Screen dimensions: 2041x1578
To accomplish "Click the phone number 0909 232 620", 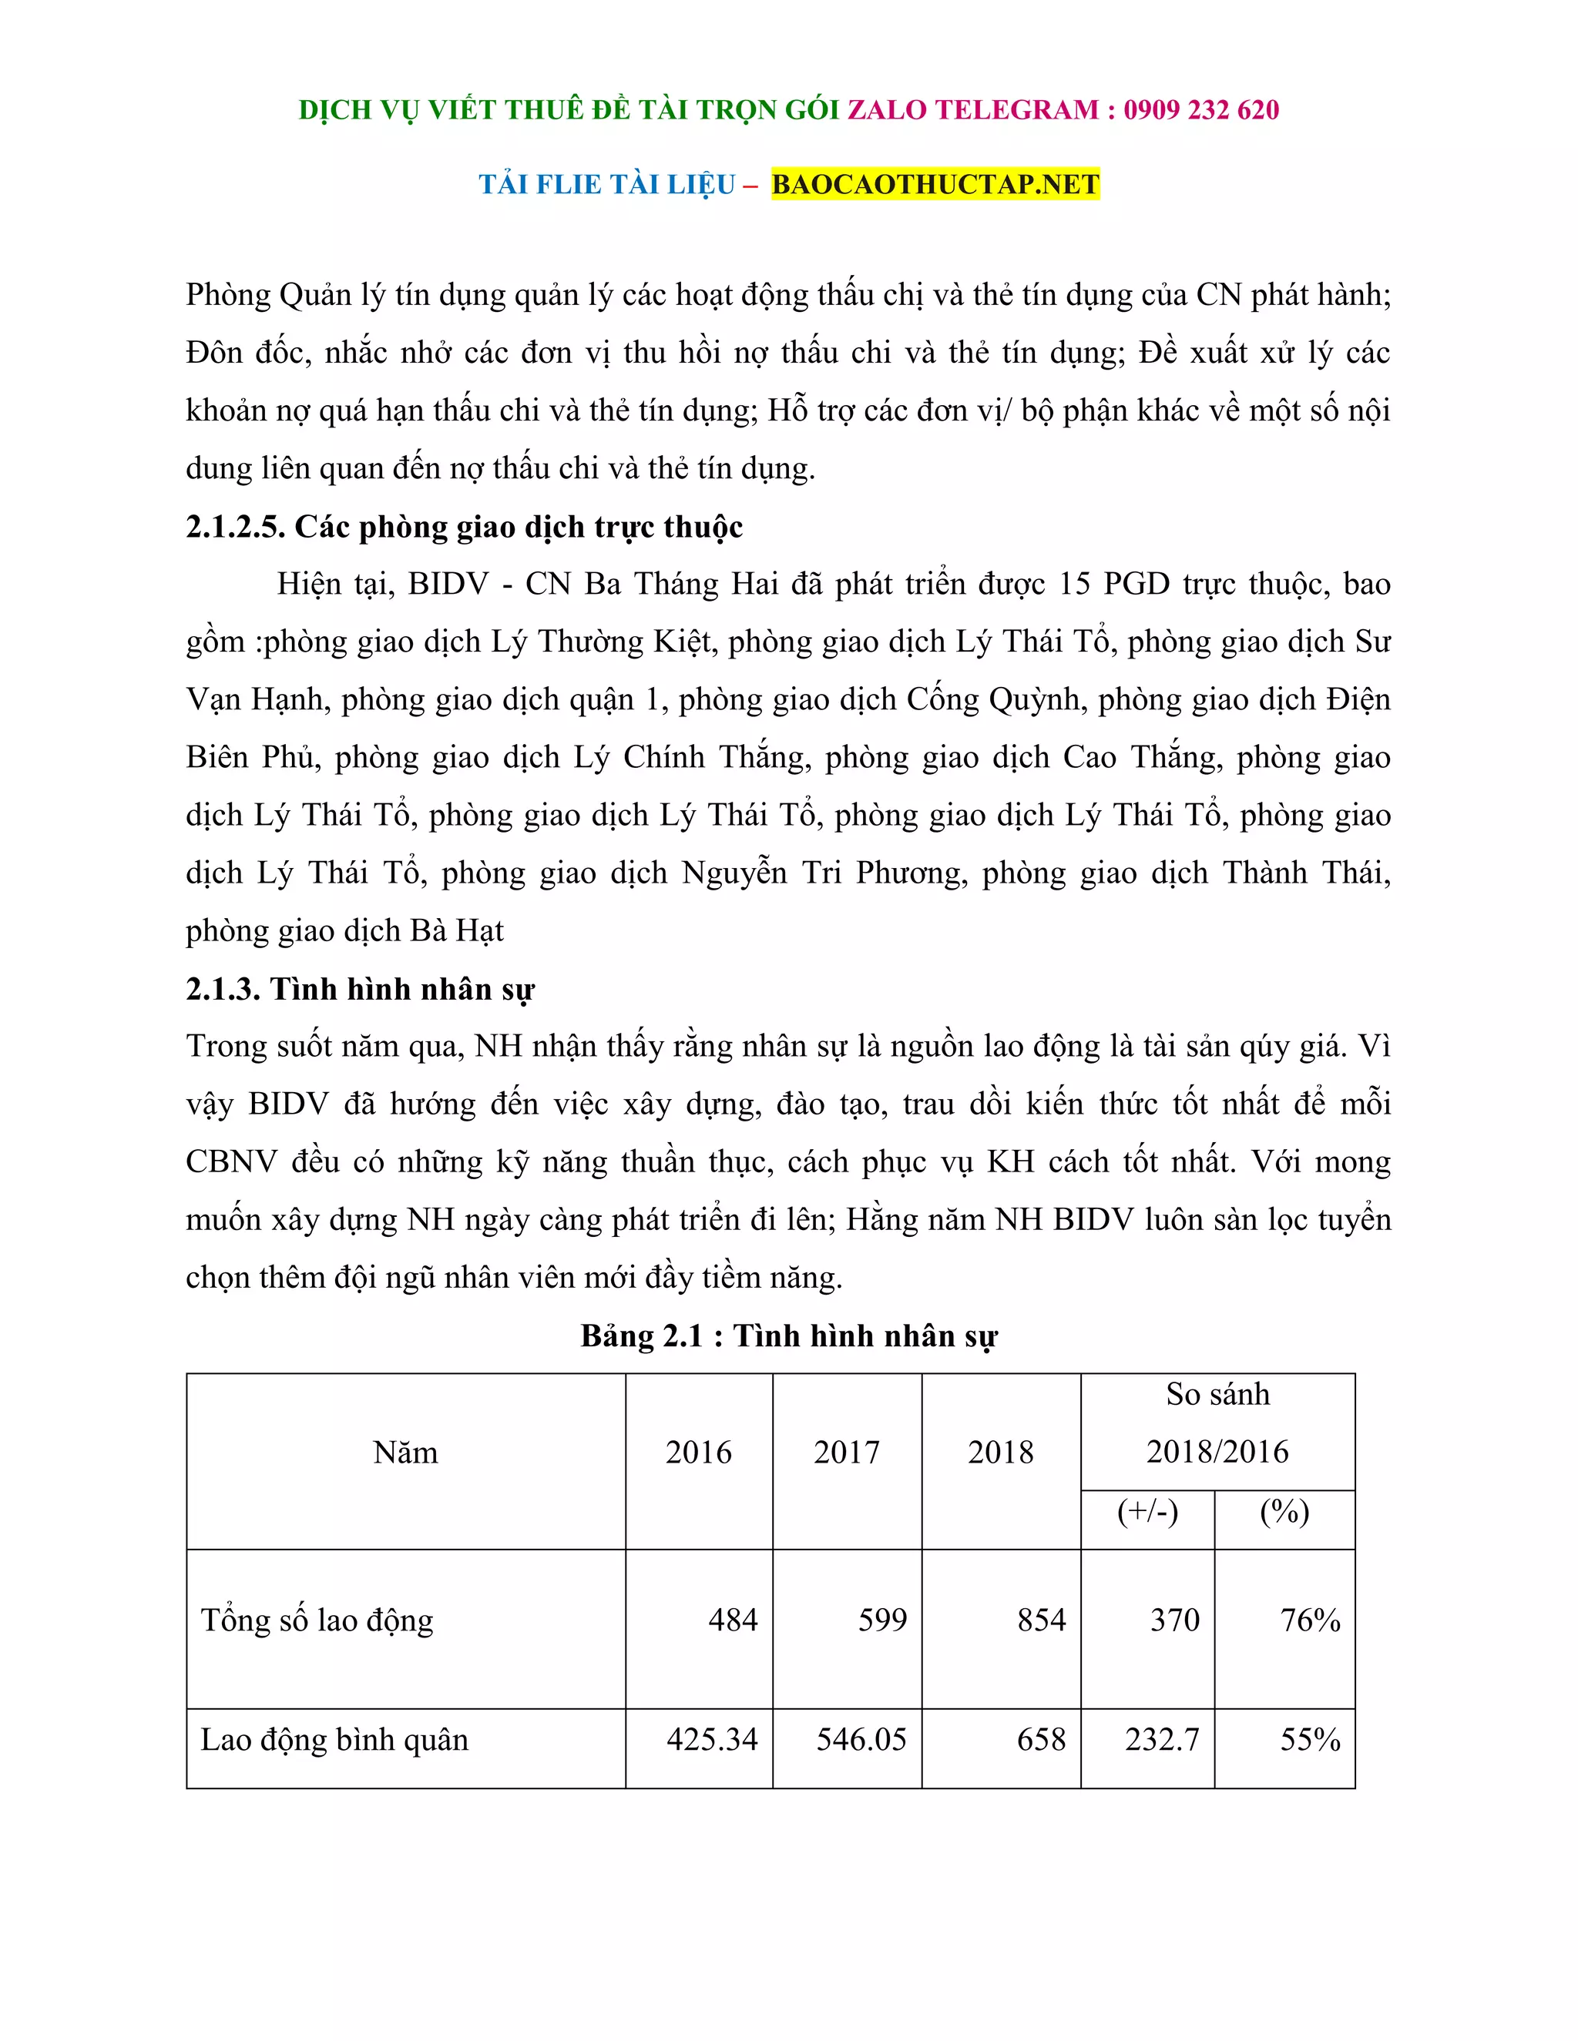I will pos(1200,110).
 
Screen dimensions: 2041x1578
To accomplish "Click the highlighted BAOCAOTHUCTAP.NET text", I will pos(935,184).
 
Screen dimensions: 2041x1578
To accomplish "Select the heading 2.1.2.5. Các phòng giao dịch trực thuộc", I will pos(464,527).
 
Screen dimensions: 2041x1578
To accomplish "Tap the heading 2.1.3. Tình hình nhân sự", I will pos(360,989).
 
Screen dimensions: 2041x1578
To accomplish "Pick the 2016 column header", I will pos(698,1453).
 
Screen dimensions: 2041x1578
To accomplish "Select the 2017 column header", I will pos(846,1453).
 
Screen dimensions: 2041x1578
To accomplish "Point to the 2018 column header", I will pos(1000,1453).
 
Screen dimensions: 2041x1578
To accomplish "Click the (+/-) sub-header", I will pos(1147,1511).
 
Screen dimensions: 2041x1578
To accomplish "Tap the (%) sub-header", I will pos(1284,1511).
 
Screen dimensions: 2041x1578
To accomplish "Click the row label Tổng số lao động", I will pos(317,1620).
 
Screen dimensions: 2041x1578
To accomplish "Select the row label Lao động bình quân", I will pos(334,1739).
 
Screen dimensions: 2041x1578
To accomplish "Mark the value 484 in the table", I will pos(732,1620).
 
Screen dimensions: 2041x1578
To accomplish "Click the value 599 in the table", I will pos(881,1620).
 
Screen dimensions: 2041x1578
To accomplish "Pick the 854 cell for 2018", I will pos(1042,1620).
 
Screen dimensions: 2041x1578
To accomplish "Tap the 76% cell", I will pos(1309,1620).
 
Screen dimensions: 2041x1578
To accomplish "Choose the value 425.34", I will pos(711,1739).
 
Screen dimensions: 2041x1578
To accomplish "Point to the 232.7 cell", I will pos(1161,1739).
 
